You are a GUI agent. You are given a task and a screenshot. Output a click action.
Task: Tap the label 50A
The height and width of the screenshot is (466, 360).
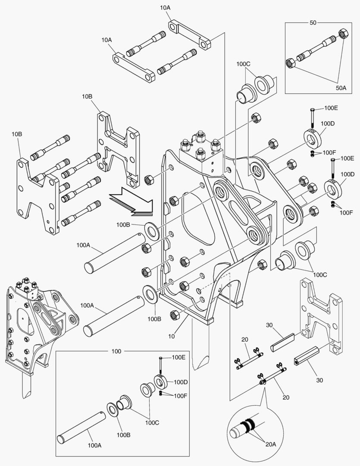(x=341, y=88)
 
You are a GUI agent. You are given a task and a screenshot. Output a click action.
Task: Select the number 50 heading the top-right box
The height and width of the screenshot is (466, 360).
(x=313, y=22)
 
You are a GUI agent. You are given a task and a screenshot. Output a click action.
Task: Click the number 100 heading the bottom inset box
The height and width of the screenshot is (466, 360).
(x=116, y=351)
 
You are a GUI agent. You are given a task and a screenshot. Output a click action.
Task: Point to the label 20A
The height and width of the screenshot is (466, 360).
(x=271, y=444)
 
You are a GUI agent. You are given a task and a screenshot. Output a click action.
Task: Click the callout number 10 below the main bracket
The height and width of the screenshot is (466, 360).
(x=172, y=337)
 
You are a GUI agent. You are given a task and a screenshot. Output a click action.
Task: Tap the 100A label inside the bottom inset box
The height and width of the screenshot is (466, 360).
(x=94, y=445)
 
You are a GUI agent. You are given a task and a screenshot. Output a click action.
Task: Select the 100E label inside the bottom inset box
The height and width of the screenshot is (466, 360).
(x=178, y=357)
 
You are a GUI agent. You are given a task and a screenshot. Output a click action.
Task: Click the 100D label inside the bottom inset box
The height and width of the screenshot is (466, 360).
(x=181, y=382)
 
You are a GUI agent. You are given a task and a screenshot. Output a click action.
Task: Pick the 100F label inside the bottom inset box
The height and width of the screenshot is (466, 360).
(x=180, y=396)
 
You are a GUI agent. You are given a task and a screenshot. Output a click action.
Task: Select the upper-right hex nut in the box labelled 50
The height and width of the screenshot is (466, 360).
(x=343, y=33)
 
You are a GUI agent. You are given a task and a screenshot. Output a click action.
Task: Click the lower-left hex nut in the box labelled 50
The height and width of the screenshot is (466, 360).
(x=290, y=63)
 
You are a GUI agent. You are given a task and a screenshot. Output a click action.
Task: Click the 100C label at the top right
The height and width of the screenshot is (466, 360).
(x=243, y=64)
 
